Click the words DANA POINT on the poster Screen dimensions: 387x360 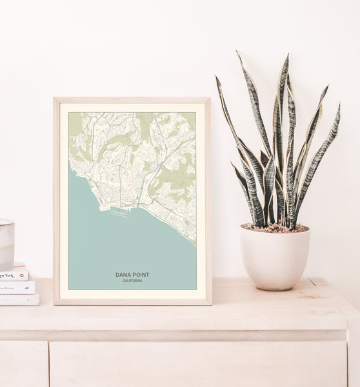click(x=132, y=275)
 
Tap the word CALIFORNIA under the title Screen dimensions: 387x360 click(x=132, y=281)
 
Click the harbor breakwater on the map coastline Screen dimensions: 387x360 click(x=119, y=211)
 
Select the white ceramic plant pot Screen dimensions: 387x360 click(x=275, y=258)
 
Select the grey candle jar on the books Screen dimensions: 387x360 click(x=6, y=244)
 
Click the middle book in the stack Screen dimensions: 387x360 click(x=17, y=287)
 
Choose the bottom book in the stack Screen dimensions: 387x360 click(x=19, y=299)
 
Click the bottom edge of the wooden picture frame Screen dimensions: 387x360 click(x=132, y=301)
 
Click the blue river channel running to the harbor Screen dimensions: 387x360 click(x=143, y=187)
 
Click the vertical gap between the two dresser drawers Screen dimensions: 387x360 click(x=49, y=364)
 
